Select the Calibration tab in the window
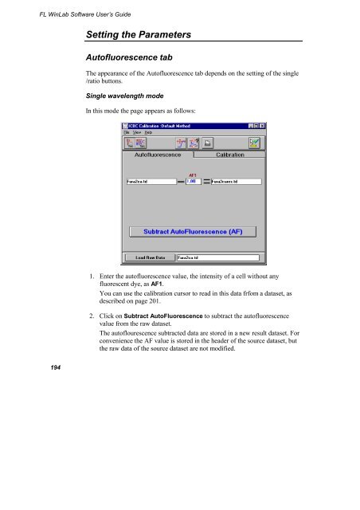click(x=229, y=155)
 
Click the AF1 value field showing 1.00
click(x=193, y=182)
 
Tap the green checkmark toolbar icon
click(x=256, y=143)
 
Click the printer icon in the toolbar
click(x=205, y=143)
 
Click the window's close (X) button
click(x=262, y=126)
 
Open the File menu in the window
click(x=127, y=132)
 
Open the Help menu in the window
click(x=148, y=132)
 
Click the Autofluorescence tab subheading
click(x=136, y=59)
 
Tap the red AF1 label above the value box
click(x=193, y=174)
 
